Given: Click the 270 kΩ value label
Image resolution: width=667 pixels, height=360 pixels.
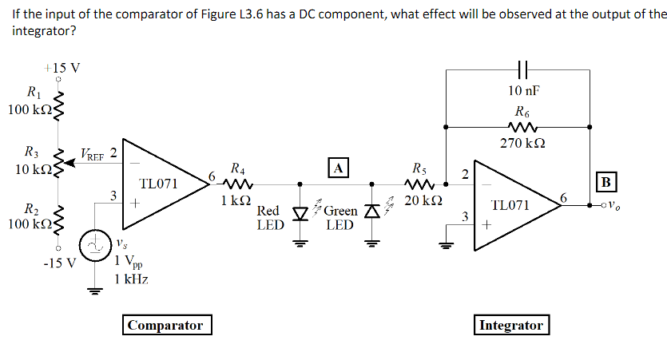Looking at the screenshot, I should pyautogui.click(x=522, y=144).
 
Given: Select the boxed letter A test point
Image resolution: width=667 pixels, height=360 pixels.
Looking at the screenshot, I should pyautogui.click(x=339, y=168).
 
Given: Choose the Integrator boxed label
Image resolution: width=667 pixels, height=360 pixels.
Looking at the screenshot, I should pyautogui.click(x=510, y=325).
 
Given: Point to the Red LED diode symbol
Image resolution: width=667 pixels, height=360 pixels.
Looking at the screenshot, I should pyautogui.click(x=300, y=212).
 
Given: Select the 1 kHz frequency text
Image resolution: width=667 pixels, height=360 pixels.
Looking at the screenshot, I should pyautogui.click(x=131, y=278).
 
